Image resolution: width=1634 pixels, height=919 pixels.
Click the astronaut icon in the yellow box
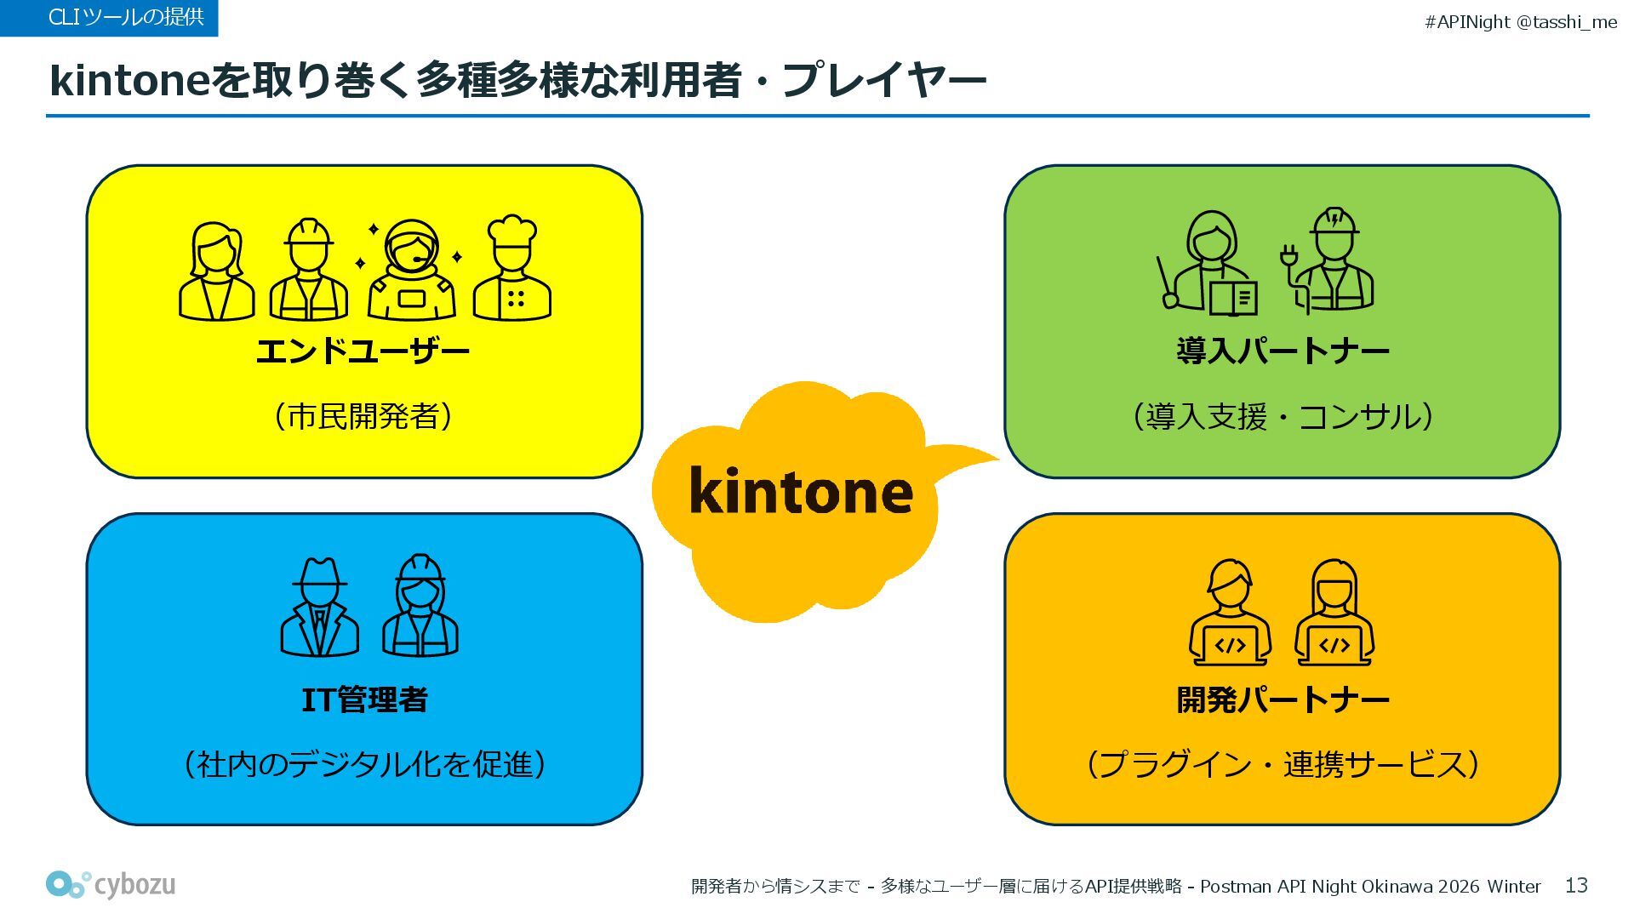[411, 271]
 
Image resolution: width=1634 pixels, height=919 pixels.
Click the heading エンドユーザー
[363, 351]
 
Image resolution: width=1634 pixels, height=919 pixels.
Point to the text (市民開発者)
[363, 416]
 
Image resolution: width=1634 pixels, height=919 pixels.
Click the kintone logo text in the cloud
[800, 492]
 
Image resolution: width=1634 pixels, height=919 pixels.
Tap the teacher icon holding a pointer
[1208, 264]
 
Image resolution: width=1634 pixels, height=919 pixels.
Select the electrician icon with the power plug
[1328, 262]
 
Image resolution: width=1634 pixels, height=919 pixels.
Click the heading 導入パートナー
[1283, 351]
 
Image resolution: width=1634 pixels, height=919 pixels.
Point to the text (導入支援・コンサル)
[1283, 416]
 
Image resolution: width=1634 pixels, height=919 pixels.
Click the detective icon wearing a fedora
[319, 608]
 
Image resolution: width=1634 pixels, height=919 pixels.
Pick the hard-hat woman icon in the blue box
[420, 606]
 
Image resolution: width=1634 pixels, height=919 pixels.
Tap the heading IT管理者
[364, 700]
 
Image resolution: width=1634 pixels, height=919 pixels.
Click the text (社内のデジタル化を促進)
[363, 764]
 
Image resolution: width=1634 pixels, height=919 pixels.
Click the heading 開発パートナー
[1283, 700]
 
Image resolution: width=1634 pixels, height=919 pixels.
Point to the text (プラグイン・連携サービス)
[1283, 764]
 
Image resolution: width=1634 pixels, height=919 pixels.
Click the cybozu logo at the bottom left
[111, 885]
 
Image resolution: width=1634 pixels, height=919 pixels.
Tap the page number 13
[1576, 886]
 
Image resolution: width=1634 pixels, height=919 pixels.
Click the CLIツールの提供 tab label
[126, 17]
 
